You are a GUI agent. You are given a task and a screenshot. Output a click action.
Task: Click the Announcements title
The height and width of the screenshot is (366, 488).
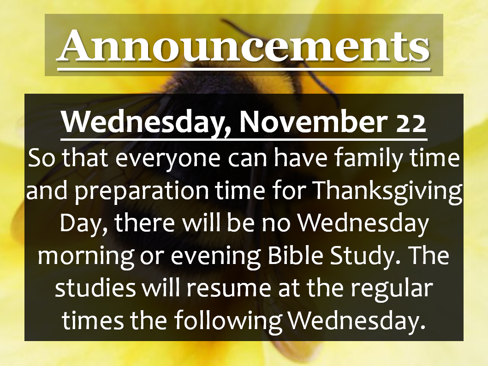(244, 46)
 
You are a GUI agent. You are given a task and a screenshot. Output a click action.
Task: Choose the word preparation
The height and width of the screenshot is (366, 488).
(141, 191)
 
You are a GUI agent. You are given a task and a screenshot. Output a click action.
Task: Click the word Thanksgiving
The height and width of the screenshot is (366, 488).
(387, 191)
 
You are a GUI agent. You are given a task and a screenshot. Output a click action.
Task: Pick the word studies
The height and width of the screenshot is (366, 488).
(95, 288)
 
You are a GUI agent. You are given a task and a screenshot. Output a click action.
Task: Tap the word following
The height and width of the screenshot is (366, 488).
(228, 321)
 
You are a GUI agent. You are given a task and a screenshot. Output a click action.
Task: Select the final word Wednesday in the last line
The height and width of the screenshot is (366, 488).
(357, 321)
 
